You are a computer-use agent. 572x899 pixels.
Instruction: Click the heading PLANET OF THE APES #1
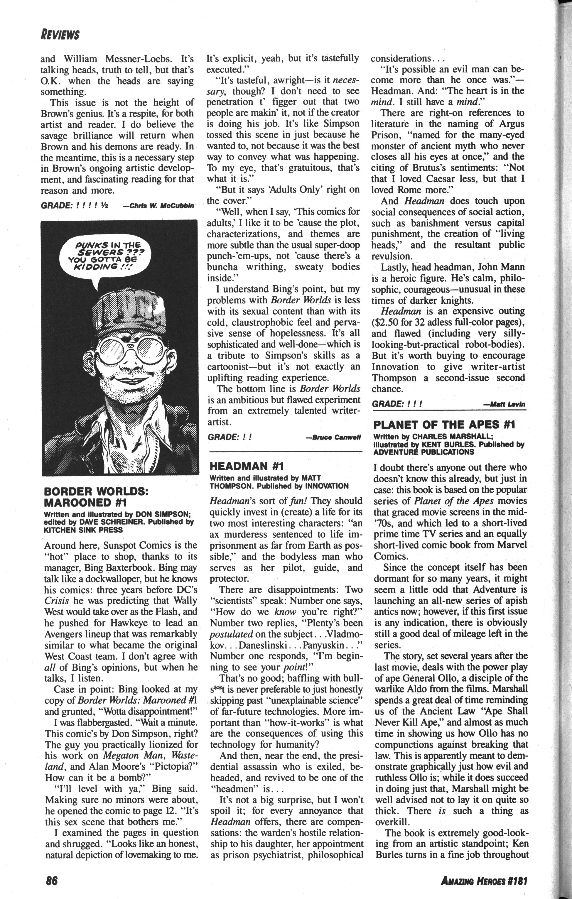pos(444,425)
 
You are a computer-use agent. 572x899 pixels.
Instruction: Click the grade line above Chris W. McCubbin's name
pos(74,206)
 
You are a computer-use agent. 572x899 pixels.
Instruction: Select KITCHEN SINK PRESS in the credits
pos(83,529)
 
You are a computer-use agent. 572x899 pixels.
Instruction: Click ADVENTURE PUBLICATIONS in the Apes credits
pos(424,452)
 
